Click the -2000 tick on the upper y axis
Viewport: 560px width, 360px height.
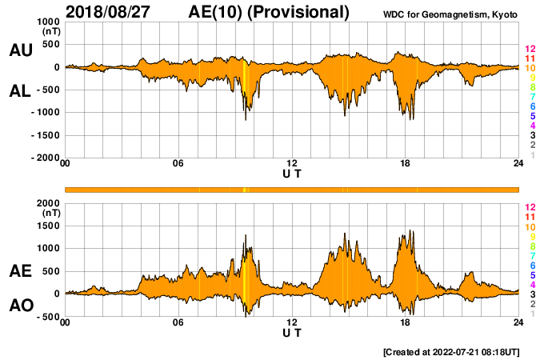43,158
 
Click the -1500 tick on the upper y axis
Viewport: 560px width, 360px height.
43,135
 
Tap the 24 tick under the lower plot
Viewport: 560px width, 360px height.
518,322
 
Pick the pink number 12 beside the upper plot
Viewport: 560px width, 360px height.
530,50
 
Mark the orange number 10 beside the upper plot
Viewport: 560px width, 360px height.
530,69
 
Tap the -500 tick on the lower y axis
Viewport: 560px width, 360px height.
47,316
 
